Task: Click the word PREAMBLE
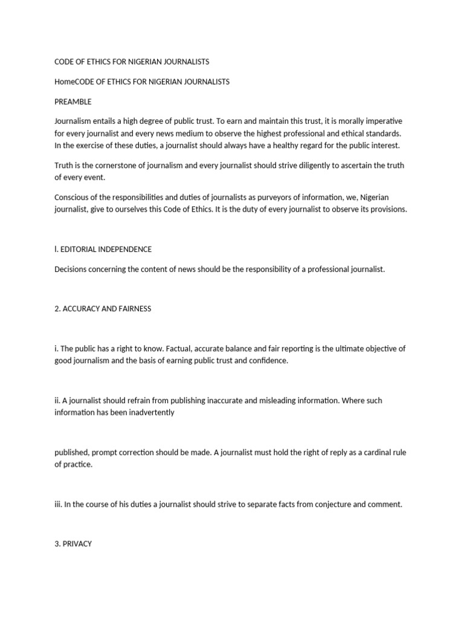73,102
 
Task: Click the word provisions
390,210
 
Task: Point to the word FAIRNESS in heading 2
130,309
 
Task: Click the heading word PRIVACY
77,544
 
